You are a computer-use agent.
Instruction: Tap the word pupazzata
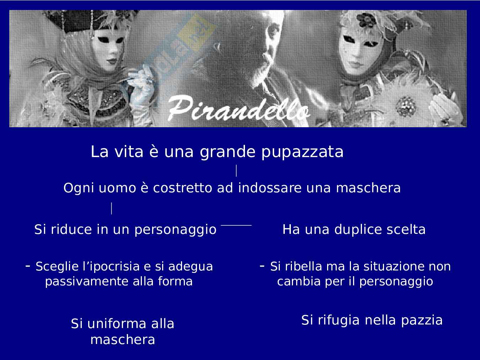pos(303,152)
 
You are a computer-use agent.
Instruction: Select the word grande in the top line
pos(228,152)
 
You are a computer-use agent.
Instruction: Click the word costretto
pos(182,188)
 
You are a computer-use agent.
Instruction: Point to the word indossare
pos(270,188)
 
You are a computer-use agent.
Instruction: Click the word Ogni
pos(79,188)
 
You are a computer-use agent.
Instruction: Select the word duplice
pos(358,230)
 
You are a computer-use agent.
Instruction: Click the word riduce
pos(71,230)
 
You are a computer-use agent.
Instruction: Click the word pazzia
pos(422,321)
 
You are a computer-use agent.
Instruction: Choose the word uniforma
pos(117,324)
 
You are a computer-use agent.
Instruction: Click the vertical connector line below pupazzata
pos(236,171)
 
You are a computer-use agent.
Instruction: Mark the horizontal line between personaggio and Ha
pos(236,225)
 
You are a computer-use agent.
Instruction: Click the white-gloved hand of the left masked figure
pos(142,87)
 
